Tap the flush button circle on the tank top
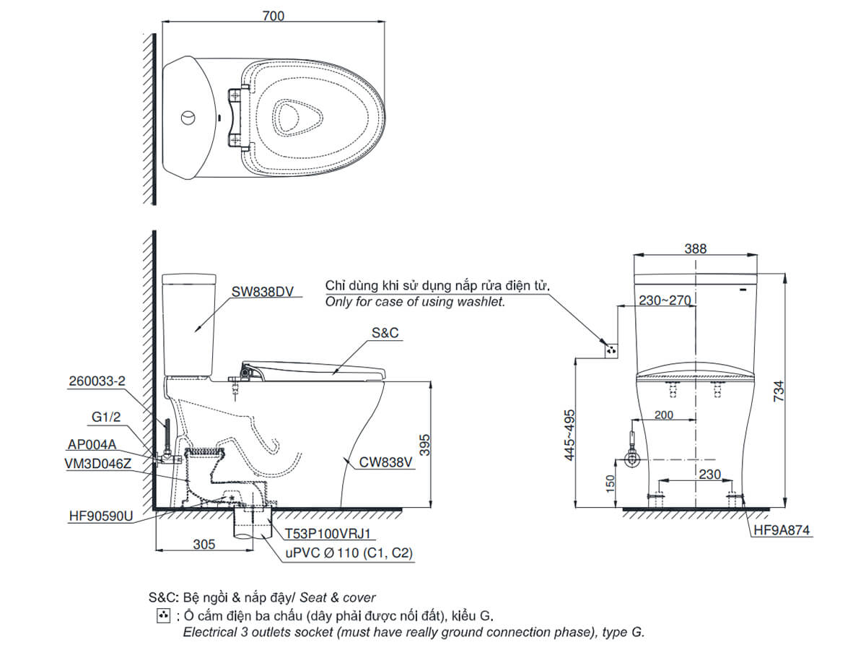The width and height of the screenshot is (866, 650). click(188, 116)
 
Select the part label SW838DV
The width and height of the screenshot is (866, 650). click(263, 292)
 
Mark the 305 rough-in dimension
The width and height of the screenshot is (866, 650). click(204, 545)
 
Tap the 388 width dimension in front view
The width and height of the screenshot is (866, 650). click(695, 248)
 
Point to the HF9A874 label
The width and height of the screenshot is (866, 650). click(782, 531)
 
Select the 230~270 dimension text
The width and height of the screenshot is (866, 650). click(665, 299)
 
